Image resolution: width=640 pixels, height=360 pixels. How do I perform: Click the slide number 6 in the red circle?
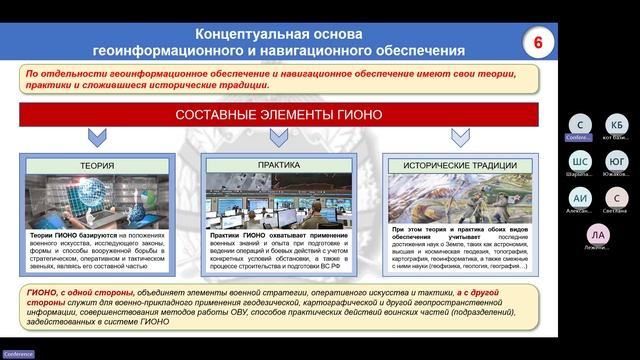[537, 43]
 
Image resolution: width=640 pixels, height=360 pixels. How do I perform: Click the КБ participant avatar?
[617, 124]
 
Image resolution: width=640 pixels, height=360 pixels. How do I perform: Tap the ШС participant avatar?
[580, 162]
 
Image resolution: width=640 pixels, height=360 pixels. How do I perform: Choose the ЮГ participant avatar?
[617, 162]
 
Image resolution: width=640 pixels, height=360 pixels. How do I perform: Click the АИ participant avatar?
[580, 198]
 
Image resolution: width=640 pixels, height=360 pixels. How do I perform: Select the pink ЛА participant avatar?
[598, 235]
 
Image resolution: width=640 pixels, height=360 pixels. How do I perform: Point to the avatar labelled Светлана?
[617, 198]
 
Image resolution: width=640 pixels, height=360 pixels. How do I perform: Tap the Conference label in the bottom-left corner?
[19, 353]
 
